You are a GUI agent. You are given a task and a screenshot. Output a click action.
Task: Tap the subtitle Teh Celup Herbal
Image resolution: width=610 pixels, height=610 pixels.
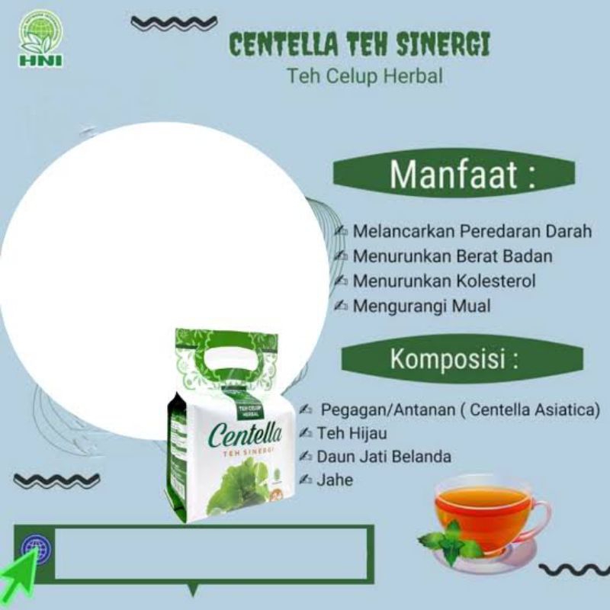coord(364,76)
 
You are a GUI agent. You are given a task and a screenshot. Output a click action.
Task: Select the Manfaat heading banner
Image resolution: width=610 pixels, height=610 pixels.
coord(453,174)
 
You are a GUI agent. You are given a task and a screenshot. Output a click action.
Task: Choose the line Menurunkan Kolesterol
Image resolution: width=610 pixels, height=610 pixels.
coord(444,281)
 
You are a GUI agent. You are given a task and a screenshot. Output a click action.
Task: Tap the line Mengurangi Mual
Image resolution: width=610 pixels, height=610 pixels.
coord(421,306)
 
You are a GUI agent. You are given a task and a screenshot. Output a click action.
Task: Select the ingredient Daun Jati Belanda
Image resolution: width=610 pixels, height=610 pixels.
coord(384,457)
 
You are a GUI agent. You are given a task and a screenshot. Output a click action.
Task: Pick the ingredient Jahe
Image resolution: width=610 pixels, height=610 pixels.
coord(335,480)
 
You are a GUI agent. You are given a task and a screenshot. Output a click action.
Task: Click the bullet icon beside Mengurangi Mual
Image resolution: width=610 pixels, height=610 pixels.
coord(341,306)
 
